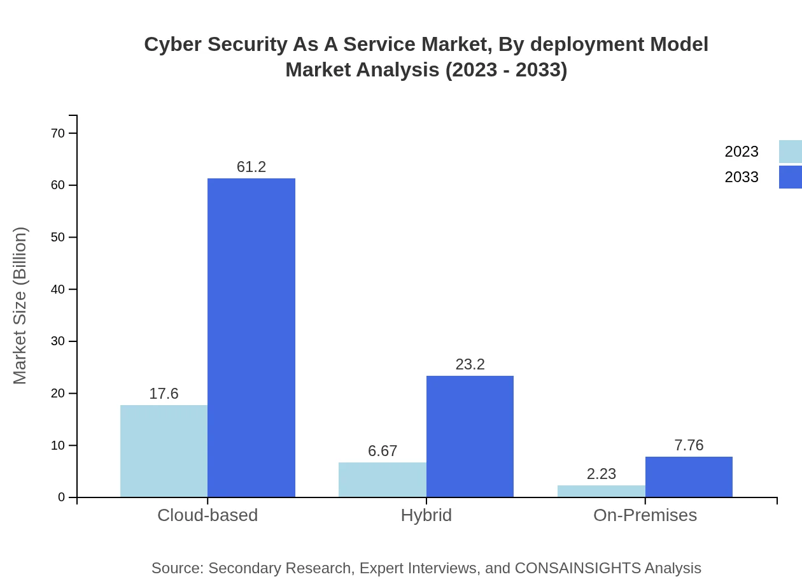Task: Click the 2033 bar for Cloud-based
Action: (x=251, y=338)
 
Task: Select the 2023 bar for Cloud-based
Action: (x=164, y=451)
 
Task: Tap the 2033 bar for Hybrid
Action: (x=470, y=436)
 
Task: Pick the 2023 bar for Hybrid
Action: (x=382, y=480)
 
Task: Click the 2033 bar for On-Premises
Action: (x=689, y=476)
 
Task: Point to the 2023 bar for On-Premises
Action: (x=601, y=491)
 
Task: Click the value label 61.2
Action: (x=251, y=167)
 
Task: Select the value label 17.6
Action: (x=164, y=394)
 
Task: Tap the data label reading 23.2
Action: (x=470, y=364)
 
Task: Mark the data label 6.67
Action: (x=383, y=451)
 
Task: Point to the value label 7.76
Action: (x=689, y=445)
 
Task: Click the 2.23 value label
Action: (x=601, y=474)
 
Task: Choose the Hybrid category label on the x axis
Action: (x=426, y=515)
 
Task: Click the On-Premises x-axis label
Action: (x=645, y=515)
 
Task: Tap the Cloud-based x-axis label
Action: (x=208, y=515)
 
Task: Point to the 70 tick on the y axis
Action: (x=58, y=133)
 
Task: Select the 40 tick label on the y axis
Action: (x=58, y=289)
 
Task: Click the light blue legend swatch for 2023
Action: (x=790, y=152)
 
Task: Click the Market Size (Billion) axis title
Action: (x=20, y=306)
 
